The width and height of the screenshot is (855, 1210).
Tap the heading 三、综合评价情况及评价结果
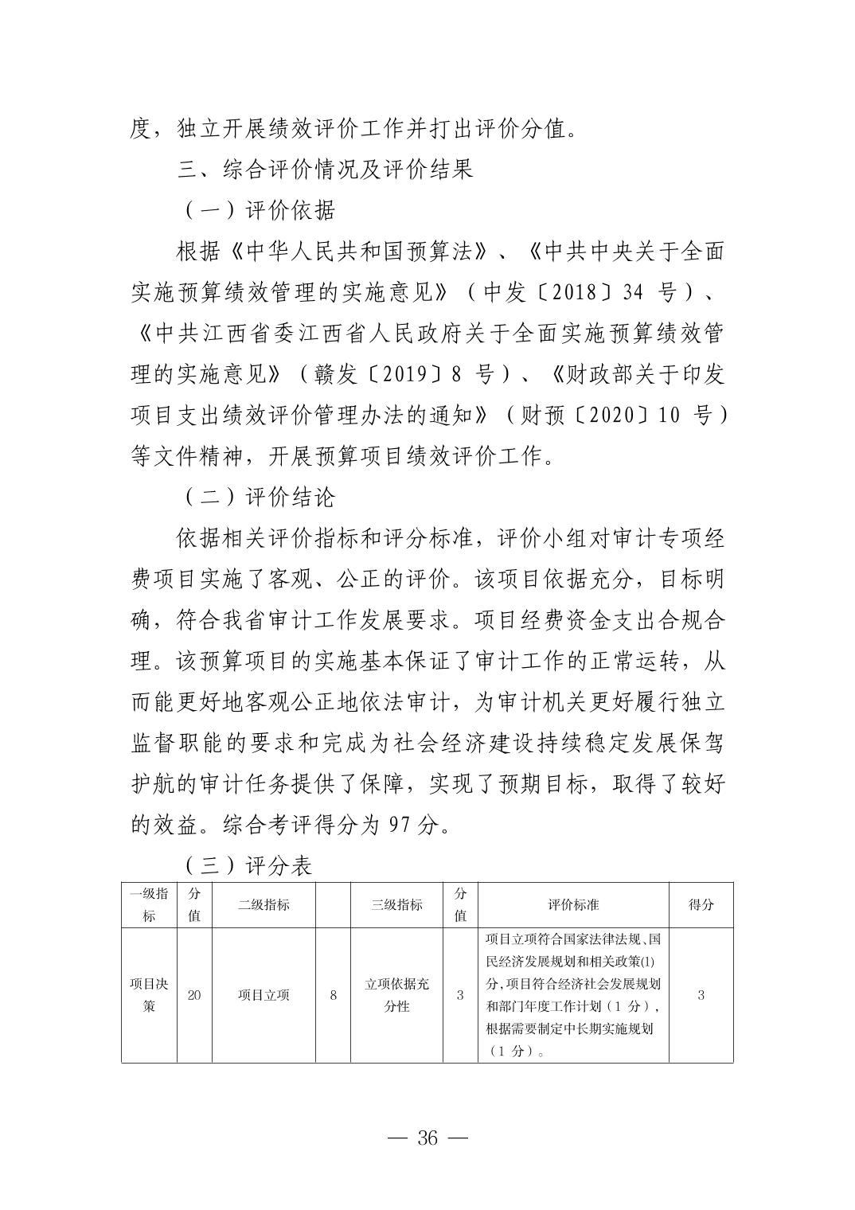(x=325, y=169)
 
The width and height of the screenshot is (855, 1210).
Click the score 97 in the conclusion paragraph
(x=400, y=825)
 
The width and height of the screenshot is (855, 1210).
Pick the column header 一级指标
(x=149, y=904)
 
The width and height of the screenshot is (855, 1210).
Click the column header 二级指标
(x=264, y=904)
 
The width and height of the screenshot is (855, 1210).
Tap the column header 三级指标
(x=396, y=904)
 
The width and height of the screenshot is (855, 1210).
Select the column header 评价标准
(x=573, y=904)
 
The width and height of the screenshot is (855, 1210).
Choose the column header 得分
(x=701, y=904)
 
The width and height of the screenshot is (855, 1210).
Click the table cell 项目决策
(x=149, y=995)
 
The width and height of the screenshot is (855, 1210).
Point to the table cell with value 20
(x=194, y=995)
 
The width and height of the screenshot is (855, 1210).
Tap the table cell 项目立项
(x=264, y=995)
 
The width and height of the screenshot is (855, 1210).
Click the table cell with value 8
(x=334, y=995)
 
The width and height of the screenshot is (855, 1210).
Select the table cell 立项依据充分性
(x=396, y=995)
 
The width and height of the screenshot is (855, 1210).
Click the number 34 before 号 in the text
(x=632, y=292)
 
